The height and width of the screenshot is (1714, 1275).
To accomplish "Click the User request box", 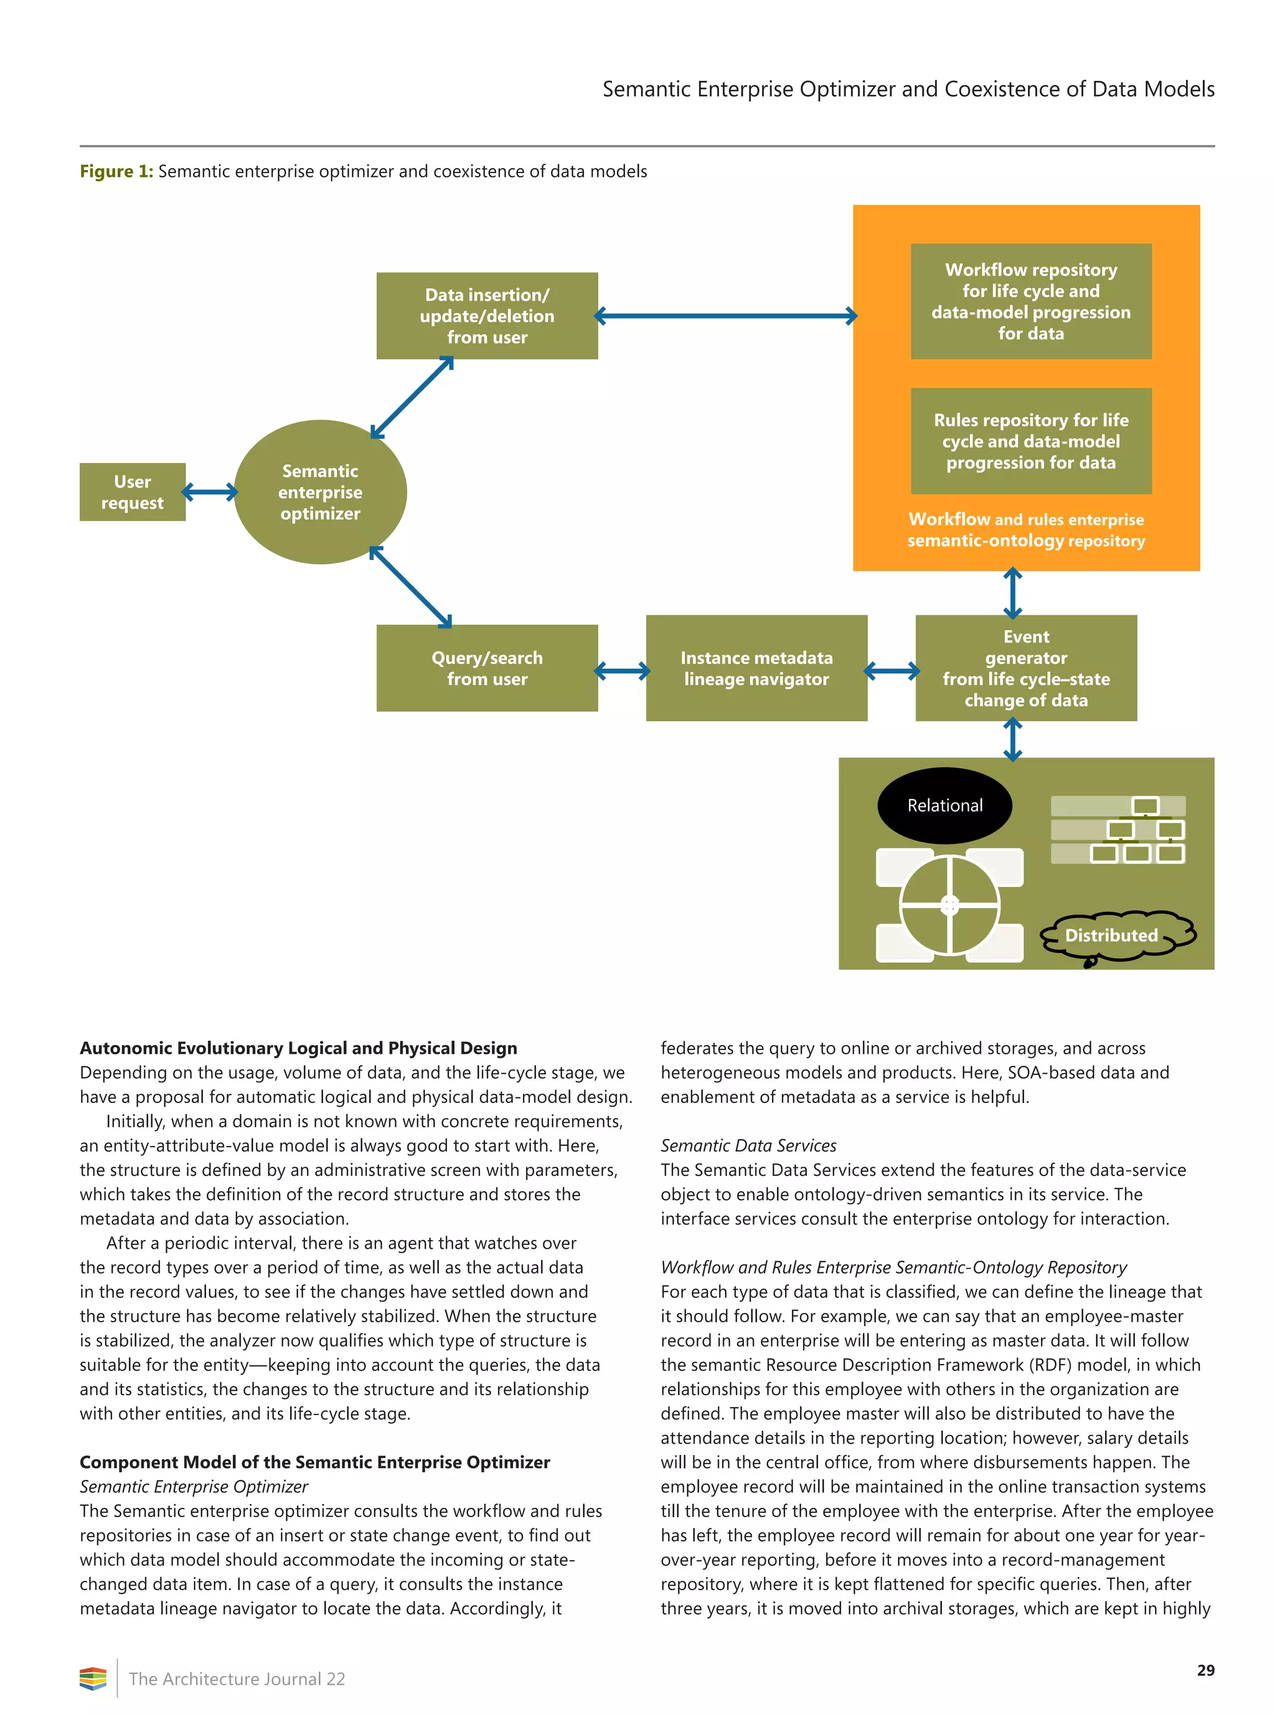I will tap(132, 492).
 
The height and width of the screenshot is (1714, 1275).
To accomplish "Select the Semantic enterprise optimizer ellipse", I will tap(320, 492).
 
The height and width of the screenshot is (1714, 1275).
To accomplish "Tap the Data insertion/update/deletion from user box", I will tap(487, 315).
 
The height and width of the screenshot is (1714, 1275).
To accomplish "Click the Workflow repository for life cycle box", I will tap(1031, 301).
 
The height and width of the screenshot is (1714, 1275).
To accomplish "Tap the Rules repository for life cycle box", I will tap(1031, 441).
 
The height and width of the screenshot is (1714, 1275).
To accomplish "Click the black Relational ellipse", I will tap(944, 805).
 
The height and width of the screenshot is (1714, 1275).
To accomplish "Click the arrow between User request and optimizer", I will tap(210, 492).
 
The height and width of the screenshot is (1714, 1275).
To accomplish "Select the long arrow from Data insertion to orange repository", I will tap(725, 316).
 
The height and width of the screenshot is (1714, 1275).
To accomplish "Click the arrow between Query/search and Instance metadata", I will tap(622, 671).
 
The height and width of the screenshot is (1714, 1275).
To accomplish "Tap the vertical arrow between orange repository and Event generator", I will tap(1012, 593).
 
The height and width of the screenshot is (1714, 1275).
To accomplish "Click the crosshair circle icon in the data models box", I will tap(950, 905).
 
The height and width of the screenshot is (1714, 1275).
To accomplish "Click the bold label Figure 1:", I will tap(116, 171).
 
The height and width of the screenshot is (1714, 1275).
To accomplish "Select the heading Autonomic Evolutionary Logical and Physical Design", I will tap(298, 1048).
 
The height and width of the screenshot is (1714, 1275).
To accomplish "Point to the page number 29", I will tap(1205, 1670).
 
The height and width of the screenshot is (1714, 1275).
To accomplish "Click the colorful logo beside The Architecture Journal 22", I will tap(93, 1678).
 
